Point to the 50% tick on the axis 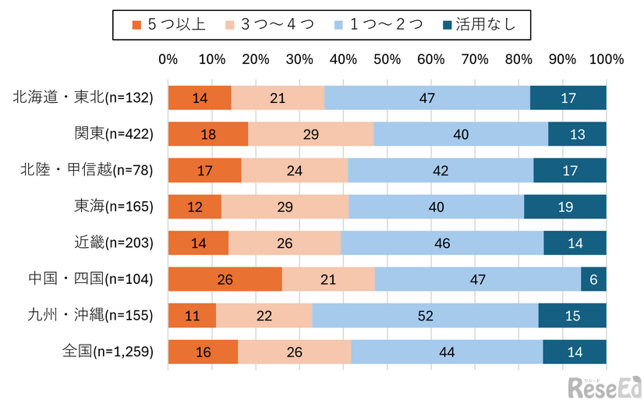[x=387, y=59]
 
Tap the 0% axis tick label [x=168, y=59]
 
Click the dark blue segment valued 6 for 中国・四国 [x=593, y=279]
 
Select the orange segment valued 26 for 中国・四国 [x=225, y=279]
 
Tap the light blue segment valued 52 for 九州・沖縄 [x=425, y=316]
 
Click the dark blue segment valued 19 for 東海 [x=565, y=207]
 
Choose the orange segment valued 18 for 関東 [x=207, y=134]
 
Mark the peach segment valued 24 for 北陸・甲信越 [x=294, y=170]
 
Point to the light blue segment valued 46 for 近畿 [x=442, y=243]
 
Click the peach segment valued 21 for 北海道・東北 [x=277, y=98]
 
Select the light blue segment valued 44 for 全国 [x=447, y=352]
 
